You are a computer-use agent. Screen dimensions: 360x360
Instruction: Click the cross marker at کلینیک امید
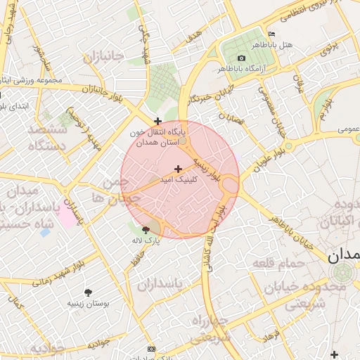pyautogui.click(x=179, y=169)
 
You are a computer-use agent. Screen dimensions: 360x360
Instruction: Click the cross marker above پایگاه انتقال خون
pyautogui.click(x=157, y=122)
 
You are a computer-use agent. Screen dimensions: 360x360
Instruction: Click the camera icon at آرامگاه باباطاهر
pyautogui.click(x=241, y=58)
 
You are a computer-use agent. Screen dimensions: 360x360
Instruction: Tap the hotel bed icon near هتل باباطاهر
pyautogui.click(x=271, y=34)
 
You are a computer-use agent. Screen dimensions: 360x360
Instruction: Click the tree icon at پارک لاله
pyautogui.click(x=146, y=229)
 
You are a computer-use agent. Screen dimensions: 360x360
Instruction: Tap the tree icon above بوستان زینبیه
pyautogui.click(x=88, y=292)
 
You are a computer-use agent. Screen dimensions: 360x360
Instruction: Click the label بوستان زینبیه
pyautogui.click(x=88, y=303)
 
